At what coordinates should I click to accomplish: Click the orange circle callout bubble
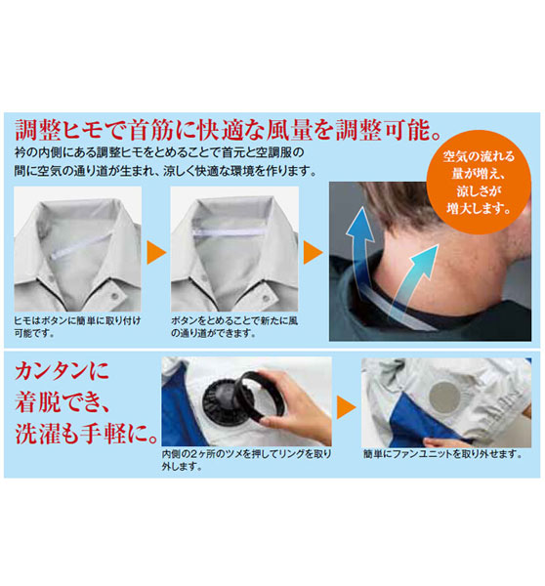479,183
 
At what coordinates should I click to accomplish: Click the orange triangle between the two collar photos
156,253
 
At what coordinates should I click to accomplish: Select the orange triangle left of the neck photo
313,253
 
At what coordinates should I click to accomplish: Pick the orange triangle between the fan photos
346,407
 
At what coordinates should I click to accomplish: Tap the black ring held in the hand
262,397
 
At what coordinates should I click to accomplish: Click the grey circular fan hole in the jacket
444,397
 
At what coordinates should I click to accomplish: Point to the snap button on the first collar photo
115,296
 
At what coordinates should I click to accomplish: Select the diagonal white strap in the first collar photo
80,245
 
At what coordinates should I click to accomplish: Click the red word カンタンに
62,371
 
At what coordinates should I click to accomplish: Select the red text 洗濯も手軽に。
86,434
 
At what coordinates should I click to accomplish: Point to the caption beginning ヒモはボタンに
77,326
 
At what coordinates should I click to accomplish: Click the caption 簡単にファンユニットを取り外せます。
443,454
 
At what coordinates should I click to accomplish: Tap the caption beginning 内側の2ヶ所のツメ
246,460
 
